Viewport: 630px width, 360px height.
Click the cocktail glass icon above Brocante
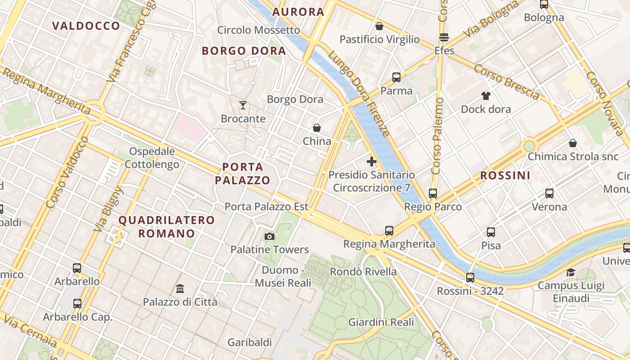(x=243, y=105)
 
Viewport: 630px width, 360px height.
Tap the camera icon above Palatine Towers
(x=270, y=236)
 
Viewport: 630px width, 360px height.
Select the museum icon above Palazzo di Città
(x=180, y=288)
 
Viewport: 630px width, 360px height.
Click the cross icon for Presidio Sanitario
(x=372, y=162)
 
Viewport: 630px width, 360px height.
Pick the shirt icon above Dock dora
(x=486, y=95)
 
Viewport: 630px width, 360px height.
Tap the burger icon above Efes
(x=444, y=37)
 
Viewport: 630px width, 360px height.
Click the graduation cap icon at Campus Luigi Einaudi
(x=571, y=272)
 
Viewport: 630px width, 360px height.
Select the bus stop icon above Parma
(x=396, y=77)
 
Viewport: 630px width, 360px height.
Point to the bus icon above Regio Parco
(x=433, y=193)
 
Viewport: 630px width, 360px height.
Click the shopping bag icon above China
(x=317, y=128)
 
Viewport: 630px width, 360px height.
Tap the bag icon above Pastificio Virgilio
(x=379, y=26)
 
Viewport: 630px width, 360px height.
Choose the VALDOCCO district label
(x=86, y=26)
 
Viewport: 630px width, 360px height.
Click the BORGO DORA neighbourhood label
(x=244, y=50)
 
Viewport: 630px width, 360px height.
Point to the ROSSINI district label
(x=505, y=175)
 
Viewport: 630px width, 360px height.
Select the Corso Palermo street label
(x=437, y=136)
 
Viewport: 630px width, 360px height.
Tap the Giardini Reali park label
(x=381, y=322)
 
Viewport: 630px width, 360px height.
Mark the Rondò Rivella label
(x=363, y=272)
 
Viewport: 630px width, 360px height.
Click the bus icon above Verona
(x=549, y=193)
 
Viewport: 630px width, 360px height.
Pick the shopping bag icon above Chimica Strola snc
(x=573, y=143)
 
